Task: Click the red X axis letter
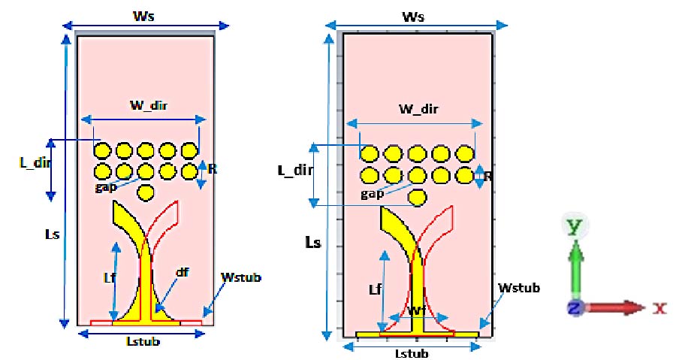(659, 307)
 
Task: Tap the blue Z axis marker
(574, 307)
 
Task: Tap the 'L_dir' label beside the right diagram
(292, 170)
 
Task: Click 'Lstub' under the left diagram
(143, 341)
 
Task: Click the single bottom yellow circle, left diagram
(146, 192)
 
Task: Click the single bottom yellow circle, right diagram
(418, 198)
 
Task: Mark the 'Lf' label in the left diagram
(108, 278)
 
